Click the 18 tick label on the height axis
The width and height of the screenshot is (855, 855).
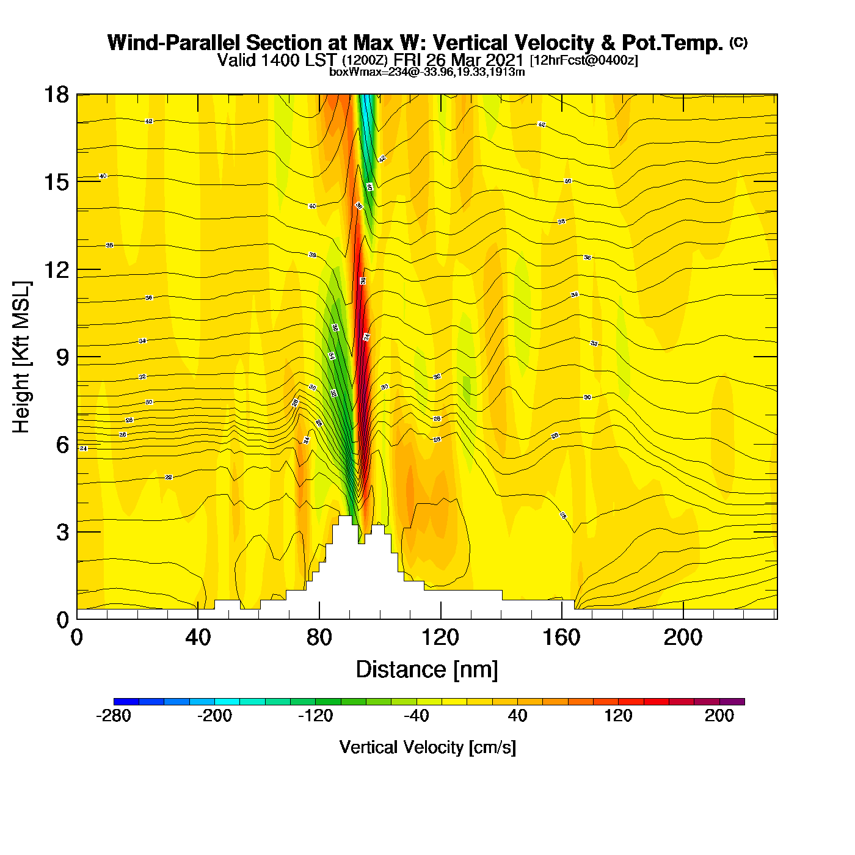56,95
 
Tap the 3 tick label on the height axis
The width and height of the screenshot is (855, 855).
63,533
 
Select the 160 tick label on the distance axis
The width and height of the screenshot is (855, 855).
561,638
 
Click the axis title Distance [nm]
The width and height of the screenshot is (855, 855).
427,670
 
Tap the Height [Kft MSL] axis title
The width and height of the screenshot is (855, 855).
22,357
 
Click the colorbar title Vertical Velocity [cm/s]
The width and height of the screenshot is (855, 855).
428,747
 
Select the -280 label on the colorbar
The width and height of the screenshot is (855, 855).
114,716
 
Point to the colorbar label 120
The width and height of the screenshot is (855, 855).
618,716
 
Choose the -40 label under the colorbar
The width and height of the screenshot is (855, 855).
417,716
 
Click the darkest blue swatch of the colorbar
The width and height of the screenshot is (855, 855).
126,702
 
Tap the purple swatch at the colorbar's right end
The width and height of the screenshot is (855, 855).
732,702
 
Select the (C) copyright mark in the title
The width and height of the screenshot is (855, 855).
738,42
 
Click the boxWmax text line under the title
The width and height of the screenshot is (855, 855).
427,72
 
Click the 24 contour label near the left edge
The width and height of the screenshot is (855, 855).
84,449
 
